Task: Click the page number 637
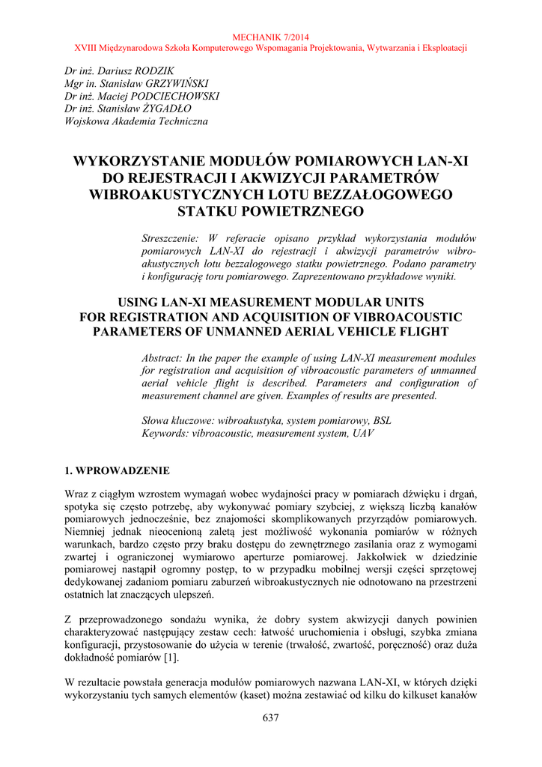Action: tap(271, 719)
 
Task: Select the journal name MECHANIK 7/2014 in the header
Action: tap(271, 37)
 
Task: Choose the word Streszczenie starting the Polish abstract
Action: tap(169, 237)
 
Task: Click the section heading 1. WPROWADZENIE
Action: tap(118, 471)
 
